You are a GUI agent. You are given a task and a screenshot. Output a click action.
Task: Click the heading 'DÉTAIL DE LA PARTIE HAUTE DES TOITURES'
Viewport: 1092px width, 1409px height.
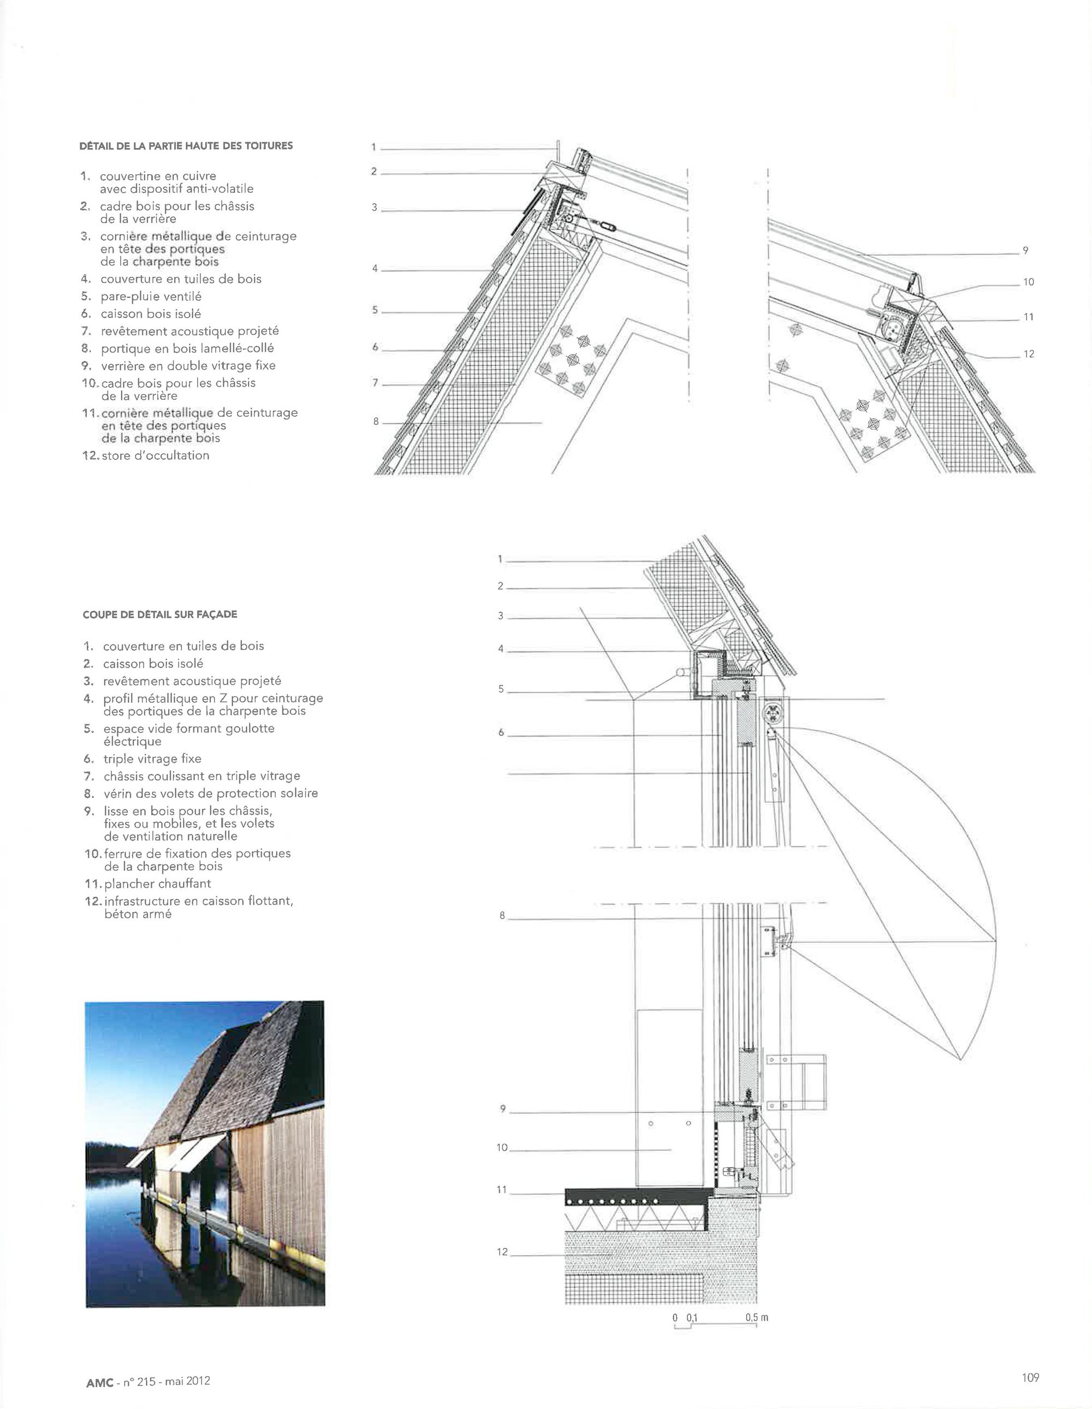click(x=186, y=146)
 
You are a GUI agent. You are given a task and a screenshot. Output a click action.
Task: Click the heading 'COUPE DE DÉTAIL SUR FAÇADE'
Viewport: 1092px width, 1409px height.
click(x=160, y=614)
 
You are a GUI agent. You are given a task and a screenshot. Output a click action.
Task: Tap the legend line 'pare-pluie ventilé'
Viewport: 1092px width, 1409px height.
click(x=151, y=296)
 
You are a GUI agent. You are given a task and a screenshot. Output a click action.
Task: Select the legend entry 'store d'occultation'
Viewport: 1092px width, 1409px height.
click(x=155, y=455)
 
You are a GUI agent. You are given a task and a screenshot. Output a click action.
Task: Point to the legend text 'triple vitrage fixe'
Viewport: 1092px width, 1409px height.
click(x=152, y=759)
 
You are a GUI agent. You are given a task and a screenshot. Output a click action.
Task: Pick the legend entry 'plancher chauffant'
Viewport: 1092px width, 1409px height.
click(x=157, y=884)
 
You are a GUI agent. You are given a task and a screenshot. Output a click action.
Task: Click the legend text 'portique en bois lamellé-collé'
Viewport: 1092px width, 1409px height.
click(x=187, y=348)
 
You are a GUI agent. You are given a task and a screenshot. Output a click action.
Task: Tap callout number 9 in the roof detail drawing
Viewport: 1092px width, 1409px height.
click(x=1025, y=250)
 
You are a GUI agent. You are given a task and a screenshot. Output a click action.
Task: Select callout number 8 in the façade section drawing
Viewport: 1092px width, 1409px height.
click(x=502, y=915)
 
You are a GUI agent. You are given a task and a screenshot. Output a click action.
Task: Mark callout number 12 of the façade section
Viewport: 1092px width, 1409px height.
click(x=502, y=1252)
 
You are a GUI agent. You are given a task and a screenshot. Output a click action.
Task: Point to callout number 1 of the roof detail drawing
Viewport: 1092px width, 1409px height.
click(x=373, y=147)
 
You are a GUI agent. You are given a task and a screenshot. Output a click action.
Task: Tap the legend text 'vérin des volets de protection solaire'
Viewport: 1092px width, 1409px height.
click(x=210, y=794)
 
